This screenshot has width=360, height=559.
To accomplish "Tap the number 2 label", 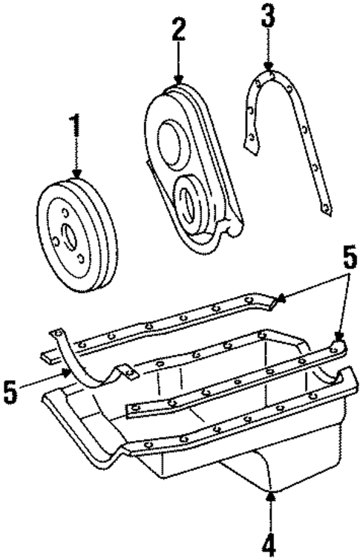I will tap(178, 30).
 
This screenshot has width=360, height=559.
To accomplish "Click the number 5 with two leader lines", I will tap(349, 261).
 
